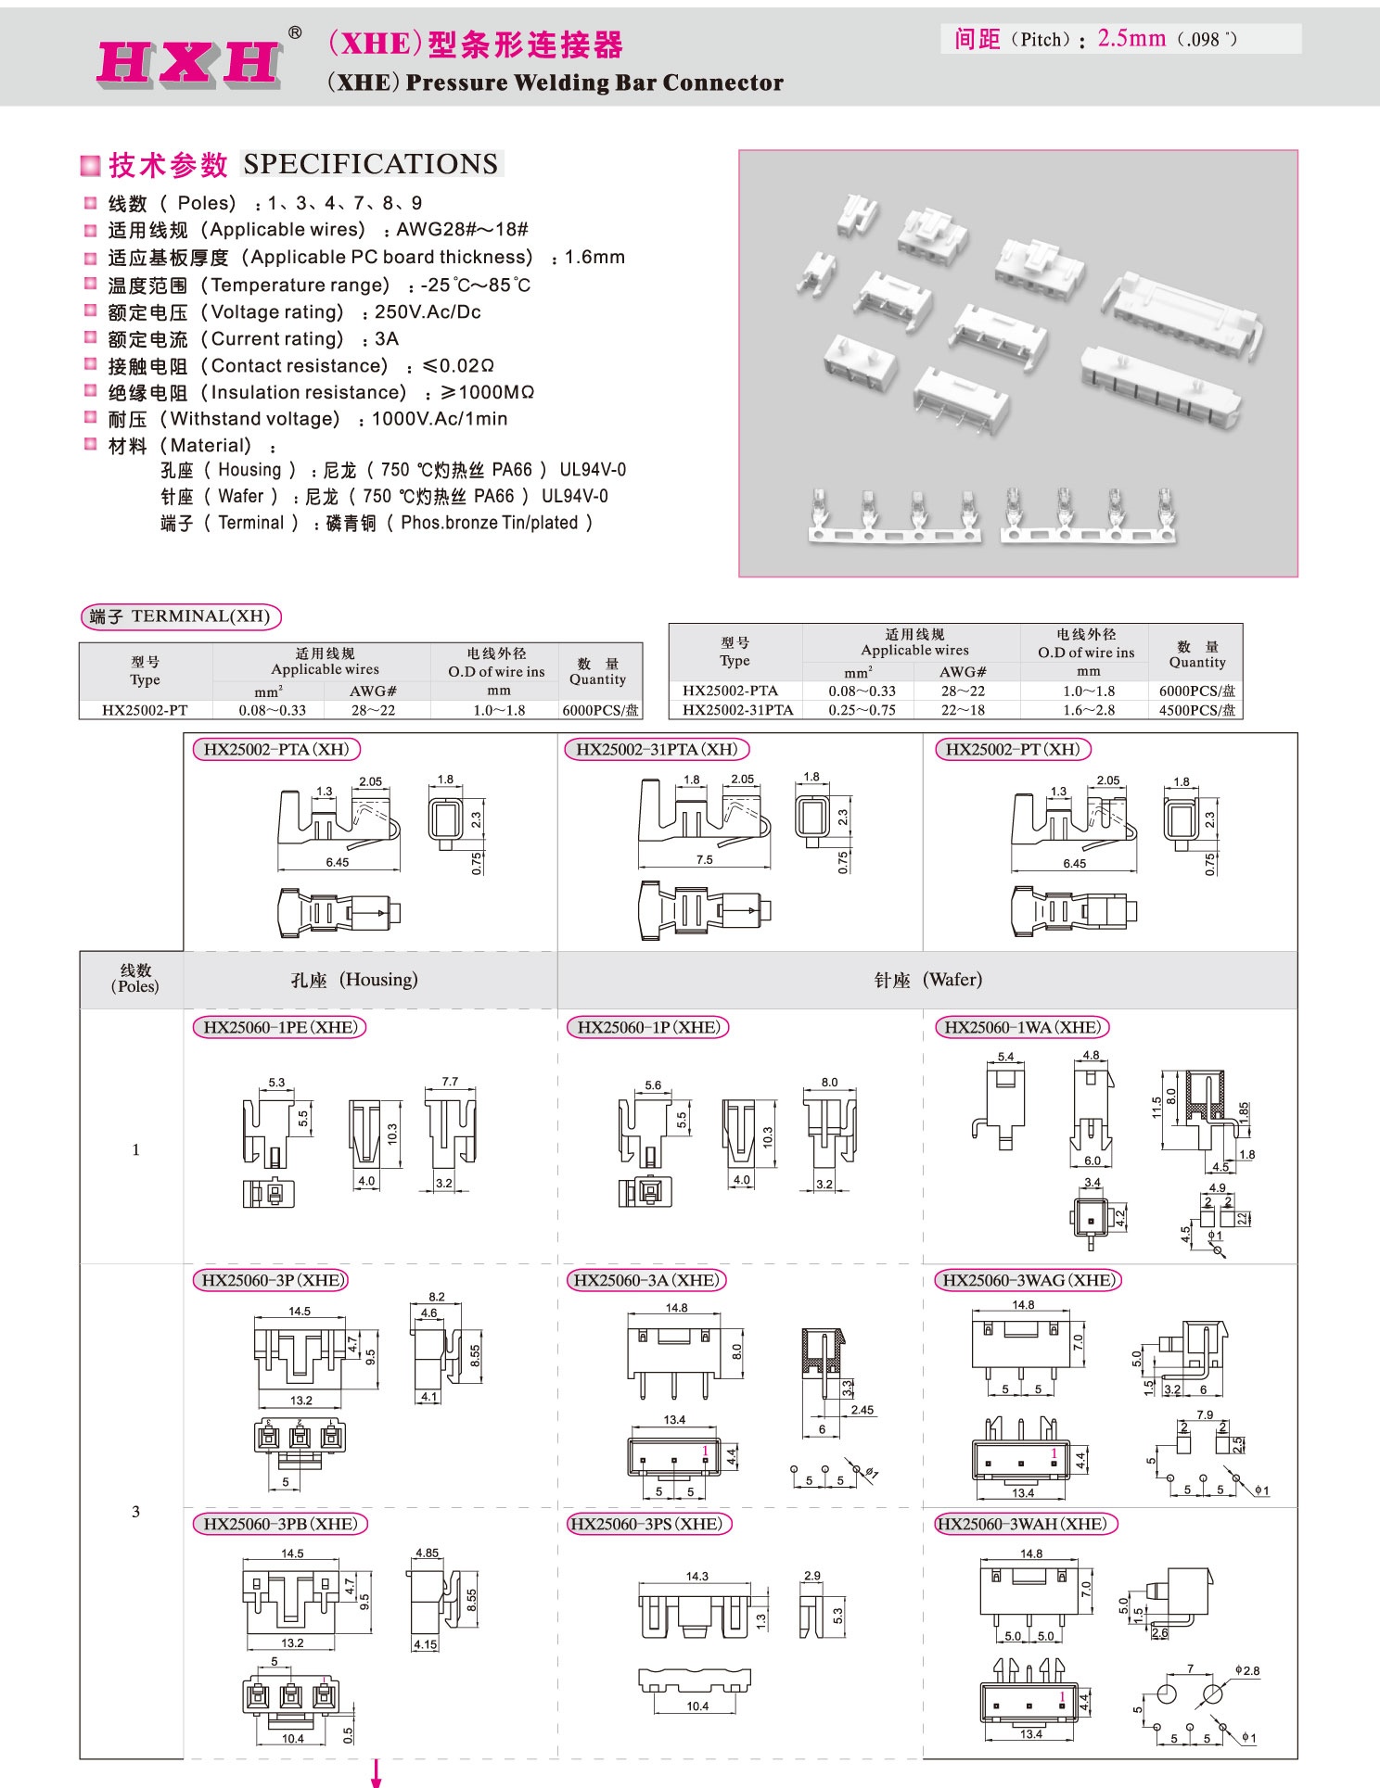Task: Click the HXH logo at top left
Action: coord(189,63)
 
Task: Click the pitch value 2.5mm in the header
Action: coord(1131,38)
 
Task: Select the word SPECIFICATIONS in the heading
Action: coord(371,164)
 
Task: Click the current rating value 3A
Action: coord(387,338)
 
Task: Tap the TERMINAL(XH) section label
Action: coord(181,616)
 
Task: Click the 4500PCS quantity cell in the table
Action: coord(1196,710)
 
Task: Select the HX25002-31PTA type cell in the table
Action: coord(737,710)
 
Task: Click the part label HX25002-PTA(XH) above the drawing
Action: coord(276,749)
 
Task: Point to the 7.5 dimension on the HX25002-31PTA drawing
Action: coord(705,859)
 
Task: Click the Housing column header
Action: coord(354,980)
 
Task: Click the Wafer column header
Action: coord(927,980)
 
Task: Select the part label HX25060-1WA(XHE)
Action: coord(1022,1027)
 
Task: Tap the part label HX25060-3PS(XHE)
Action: coord(646,1524)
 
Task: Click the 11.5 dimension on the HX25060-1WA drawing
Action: coord(1156,1109)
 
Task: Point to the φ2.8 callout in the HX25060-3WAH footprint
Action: coord(1247,1671)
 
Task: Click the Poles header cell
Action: coord(135,978)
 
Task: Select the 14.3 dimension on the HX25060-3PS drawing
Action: coord(697,1576)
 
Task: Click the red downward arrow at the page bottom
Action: coord(377,1774)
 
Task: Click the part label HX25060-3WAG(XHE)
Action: coord(1027,1280)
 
